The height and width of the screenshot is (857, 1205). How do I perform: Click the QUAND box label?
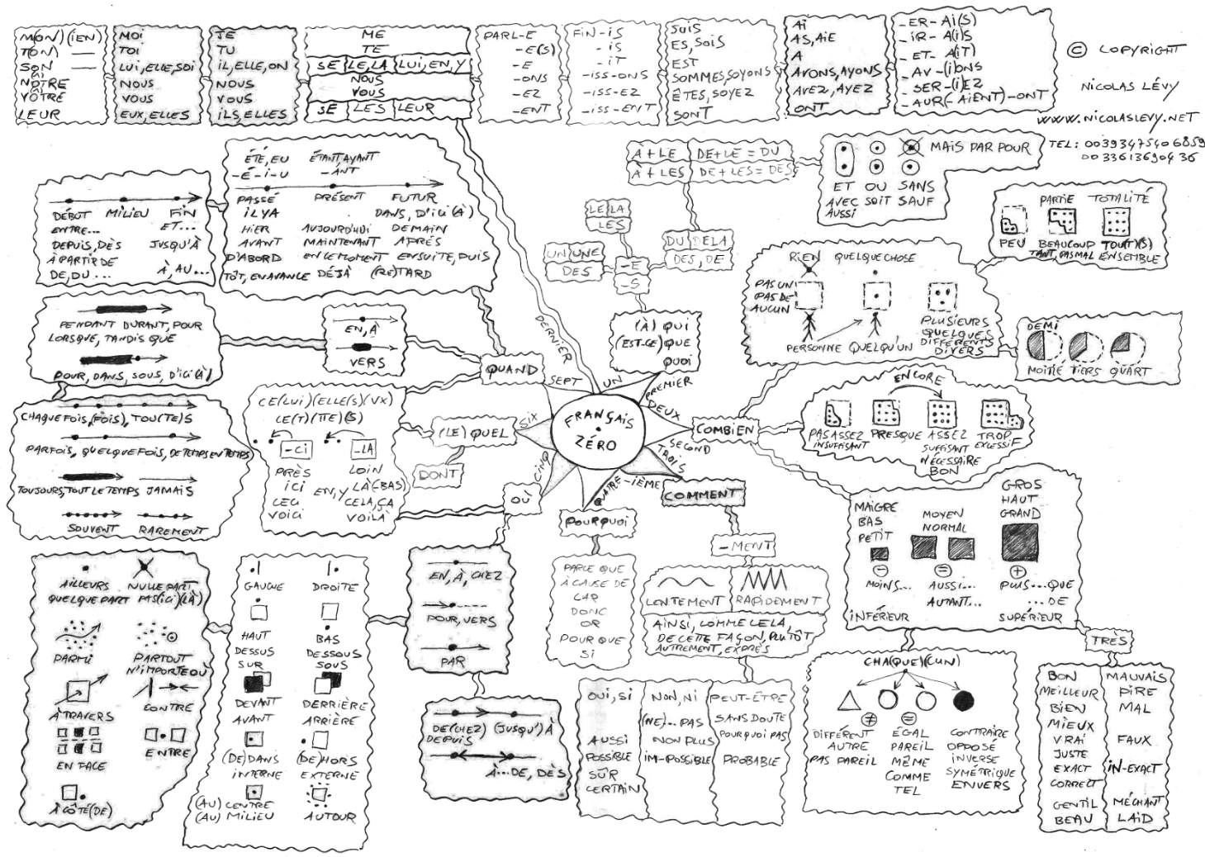513,371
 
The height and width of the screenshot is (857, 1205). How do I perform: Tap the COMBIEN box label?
723,429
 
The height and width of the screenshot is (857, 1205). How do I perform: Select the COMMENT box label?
699,495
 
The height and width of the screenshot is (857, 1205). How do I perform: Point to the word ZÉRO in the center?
595,444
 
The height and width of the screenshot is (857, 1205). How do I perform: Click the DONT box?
439,476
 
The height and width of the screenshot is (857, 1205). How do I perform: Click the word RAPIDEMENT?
777,601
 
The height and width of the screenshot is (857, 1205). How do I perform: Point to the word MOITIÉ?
1045,371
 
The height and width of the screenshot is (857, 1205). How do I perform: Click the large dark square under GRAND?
1019,542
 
